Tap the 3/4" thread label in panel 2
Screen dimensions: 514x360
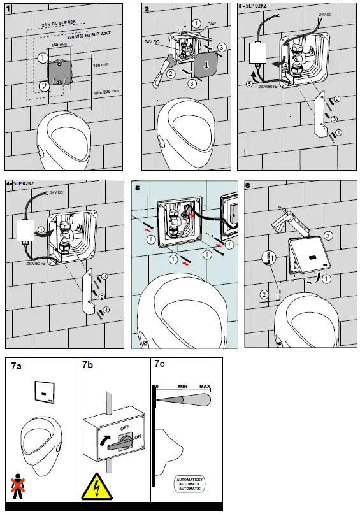(210, 25)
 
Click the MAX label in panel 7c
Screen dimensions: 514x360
(205, 387)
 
